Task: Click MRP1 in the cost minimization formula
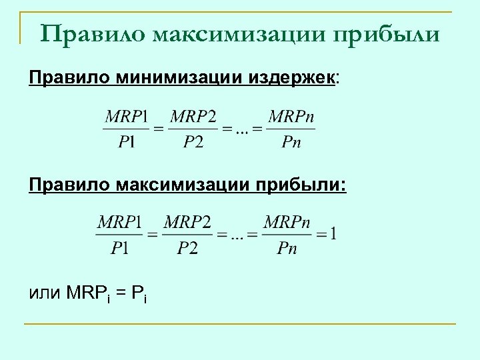126,117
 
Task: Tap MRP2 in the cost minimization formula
193,117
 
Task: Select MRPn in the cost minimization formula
291,117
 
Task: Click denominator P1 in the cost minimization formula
126,141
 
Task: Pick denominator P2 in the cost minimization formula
193,141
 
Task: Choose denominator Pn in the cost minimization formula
291,141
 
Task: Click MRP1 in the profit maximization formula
119,221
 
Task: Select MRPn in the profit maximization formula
287,221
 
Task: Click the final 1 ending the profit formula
333,234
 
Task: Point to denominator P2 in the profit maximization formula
187,248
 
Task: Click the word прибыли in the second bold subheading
311,183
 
